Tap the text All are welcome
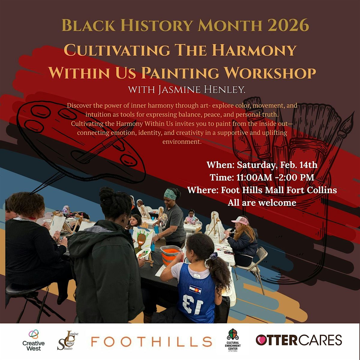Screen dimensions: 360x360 262,203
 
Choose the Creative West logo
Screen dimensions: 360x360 34,340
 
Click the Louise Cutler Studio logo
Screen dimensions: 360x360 67,340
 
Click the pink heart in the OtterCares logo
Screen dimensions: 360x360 261,340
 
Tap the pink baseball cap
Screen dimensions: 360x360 240,221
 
